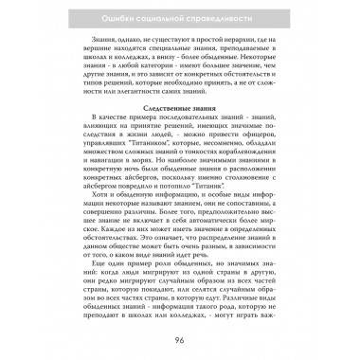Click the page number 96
click(x=180, y=341)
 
